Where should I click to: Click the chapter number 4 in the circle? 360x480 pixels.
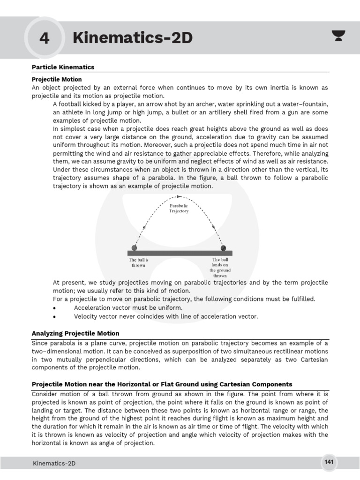44,38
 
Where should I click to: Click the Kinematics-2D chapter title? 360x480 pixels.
133,38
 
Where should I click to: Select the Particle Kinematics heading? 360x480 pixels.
63,67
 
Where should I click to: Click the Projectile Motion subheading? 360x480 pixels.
57,79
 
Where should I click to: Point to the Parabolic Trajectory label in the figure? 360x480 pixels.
179,209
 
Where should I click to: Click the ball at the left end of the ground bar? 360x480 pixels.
135,247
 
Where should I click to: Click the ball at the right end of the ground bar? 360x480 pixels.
223,247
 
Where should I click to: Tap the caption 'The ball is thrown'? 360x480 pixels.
138,262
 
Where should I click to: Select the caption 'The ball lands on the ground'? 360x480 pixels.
220,268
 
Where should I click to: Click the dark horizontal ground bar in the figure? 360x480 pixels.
180,253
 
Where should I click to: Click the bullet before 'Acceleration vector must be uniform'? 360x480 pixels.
55,308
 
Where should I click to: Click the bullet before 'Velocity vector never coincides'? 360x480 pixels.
55,317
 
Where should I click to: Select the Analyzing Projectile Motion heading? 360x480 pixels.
75,333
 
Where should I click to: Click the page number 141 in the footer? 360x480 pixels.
329,463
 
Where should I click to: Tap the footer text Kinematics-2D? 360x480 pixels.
54,464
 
